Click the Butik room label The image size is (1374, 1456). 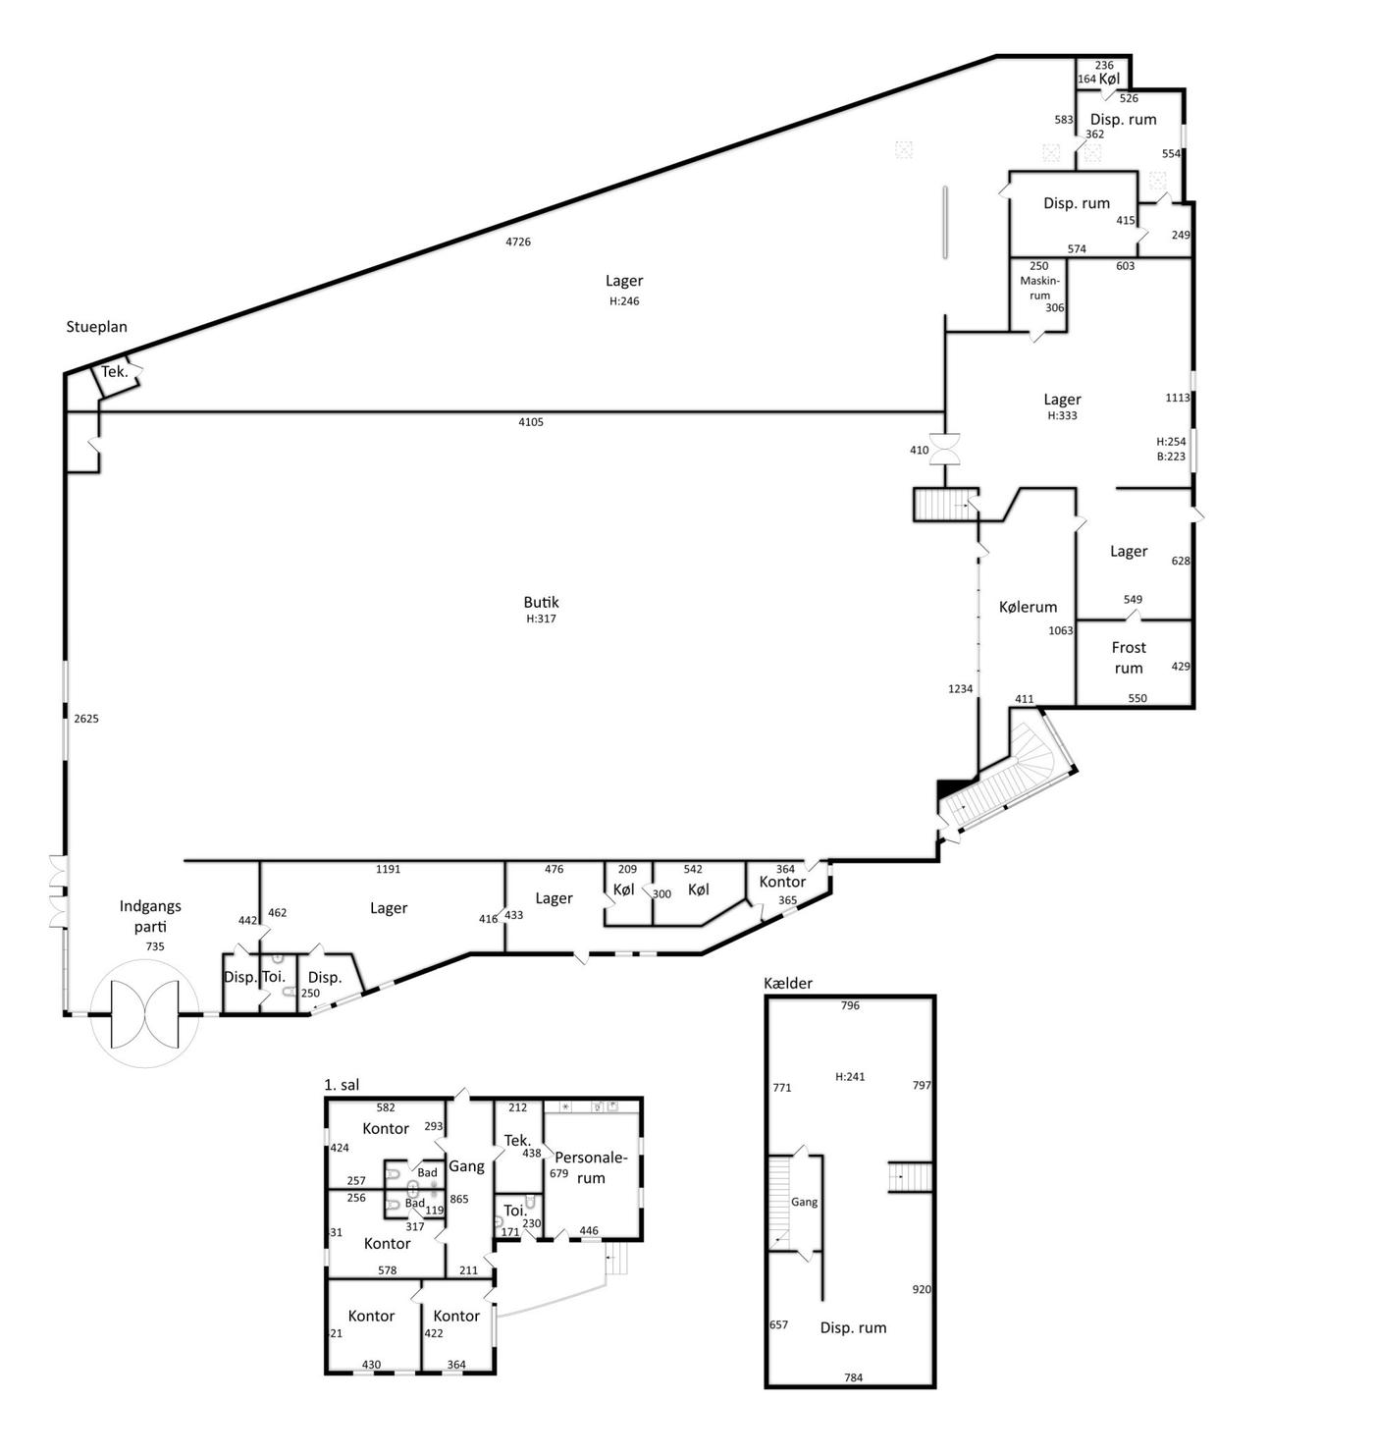(541, 602)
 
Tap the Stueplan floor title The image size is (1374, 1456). (97, 327)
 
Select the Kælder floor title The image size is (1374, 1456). (788, 983)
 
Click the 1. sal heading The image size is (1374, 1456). (342, 1084)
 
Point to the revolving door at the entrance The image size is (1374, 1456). (144, 1014)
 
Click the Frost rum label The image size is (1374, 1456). (1129, 658)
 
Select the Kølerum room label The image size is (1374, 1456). (1028, 607)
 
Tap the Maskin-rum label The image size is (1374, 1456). (1039, 288)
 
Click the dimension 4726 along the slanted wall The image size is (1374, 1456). (518, 242)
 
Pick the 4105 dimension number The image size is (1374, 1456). (531, 421)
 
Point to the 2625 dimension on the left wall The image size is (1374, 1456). (86, 719)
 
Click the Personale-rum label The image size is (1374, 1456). (591, 1168)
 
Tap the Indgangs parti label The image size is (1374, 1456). (150, 916)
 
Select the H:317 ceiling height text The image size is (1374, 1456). (541, 619)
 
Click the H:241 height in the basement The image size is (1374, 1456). (851, 1077)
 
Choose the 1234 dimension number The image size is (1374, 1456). (961, 688)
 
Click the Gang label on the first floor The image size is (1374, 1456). (466, 1166)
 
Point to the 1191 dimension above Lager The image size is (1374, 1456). (388, 870)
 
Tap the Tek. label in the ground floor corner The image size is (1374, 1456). (115, 372)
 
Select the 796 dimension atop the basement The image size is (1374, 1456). (850, 1006)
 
